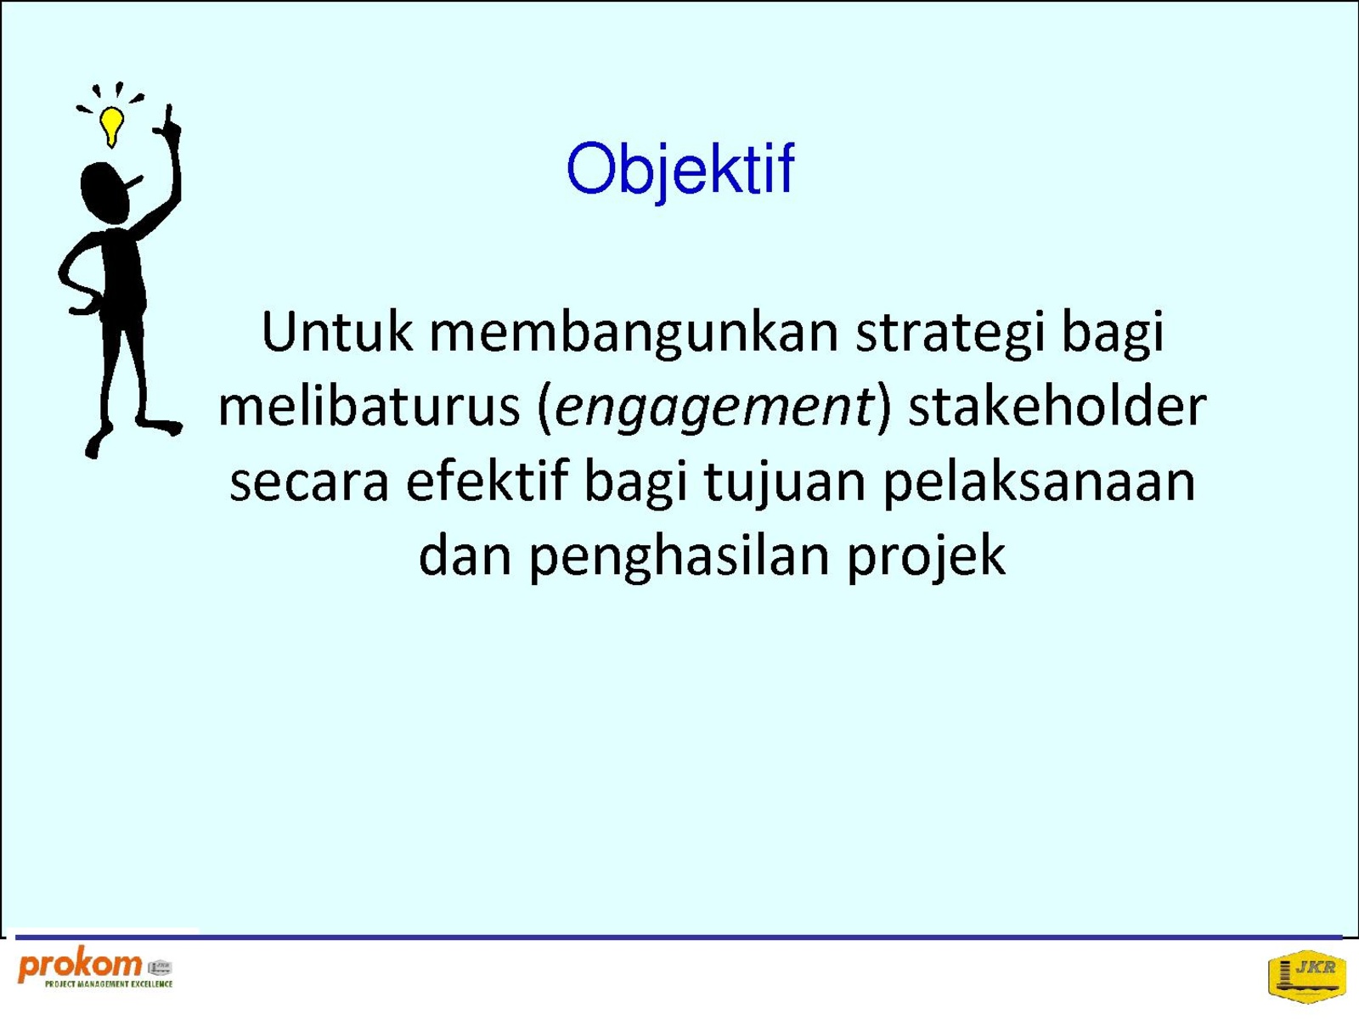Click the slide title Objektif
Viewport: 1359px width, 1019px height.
click(680, 169)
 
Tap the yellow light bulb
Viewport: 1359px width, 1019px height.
click(111, 127)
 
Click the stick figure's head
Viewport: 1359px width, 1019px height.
click(105, 192)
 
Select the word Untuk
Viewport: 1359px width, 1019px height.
click(336, 332)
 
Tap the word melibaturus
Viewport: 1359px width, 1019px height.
click(369, 406)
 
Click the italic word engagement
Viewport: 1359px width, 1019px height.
click(713, 409)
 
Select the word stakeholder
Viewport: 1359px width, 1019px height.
click(1057, 406)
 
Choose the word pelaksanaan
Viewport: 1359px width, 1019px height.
click(1039, 484)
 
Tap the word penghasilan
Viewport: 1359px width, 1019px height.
click(679, 557)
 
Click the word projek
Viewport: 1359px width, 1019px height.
click(926, 557)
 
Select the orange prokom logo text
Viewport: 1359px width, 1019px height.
click(80, 966)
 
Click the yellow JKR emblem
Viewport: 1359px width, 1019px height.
click(1307, 975)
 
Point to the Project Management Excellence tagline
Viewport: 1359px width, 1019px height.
click(109, 983)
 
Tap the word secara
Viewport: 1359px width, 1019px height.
click(309, 482)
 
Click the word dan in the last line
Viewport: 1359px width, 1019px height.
click(465, 555)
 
